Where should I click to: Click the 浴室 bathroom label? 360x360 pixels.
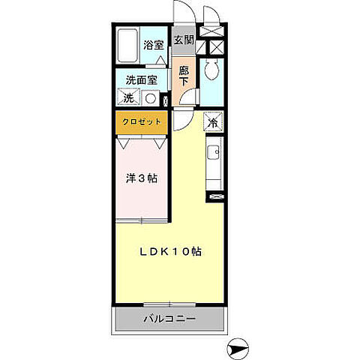[154, 45]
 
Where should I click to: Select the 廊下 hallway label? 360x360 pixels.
[184, 76]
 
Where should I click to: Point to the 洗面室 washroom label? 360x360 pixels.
[140, 80]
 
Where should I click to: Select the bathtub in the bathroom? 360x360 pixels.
[129, 46]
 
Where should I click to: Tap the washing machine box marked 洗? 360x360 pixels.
[128, 98]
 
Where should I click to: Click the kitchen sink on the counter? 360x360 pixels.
[214, 154]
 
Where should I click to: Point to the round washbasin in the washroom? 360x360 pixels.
[149, 98]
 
